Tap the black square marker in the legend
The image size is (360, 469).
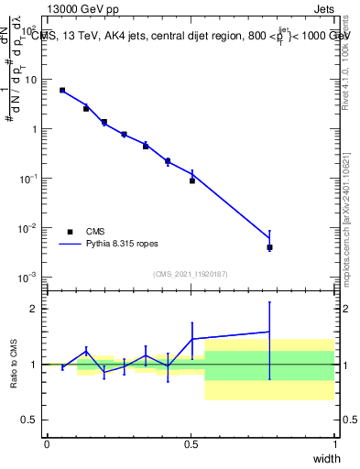pos(70,232)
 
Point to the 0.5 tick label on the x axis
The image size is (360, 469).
pos(191,443)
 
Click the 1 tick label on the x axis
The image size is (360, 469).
pos(336,443)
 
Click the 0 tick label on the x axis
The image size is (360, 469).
pos(47,443)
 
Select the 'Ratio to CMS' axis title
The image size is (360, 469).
pos(15,364)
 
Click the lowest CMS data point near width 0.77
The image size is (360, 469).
pos(269,247)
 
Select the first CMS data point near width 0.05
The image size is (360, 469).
pos(62,90)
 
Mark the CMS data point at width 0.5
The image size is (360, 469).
pos(192,180)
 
